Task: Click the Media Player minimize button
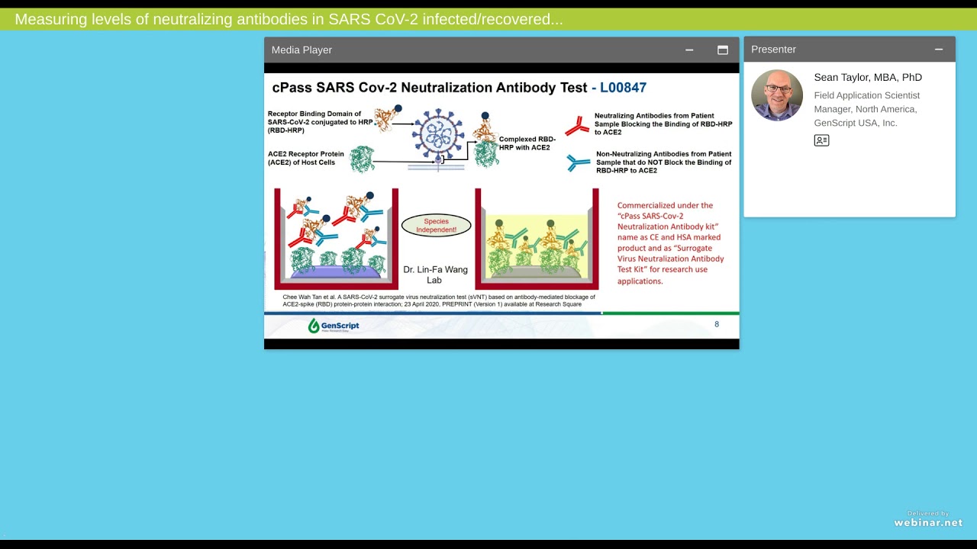(x=689, y=50)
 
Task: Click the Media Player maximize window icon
(x=722, y=50)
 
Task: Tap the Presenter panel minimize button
(x=939, y=50)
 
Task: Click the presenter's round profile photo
(x=777, y=95)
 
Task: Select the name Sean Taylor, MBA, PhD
(x=867, y=78)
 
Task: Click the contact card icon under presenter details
(x=821, y=140)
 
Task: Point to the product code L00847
(x=623, y=88)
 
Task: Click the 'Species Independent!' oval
(x=436, y=225)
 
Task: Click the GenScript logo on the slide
(x=334, y=326)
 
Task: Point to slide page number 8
(x=716, y=324)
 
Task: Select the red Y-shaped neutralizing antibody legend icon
(x=577, y=125)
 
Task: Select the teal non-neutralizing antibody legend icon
(x=578, y=162)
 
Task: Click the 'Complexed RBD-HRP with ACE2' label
(x=527, y=143)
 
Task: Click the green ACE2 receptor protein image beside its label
(x=362, y=159)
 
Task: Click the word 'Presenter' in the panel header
(x=773, y=50)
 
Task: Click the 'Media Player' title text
(x=301, y=50)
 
